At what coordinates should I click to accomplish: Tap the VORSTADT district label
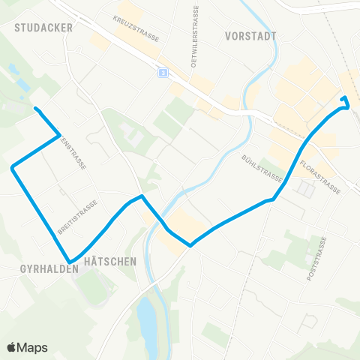coord(250,35)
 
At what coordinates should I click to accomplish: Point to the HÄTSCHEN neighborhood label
coord(109,262)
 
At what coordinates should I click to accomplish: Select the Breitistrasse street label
coord(78,217)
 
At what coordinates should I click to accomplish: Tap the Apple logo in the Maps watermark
coord(12,347)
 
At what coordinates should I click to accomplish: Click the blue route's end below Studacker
coord(35,109)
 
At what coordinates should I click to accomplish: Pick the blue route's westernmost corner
coord(12,168)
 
